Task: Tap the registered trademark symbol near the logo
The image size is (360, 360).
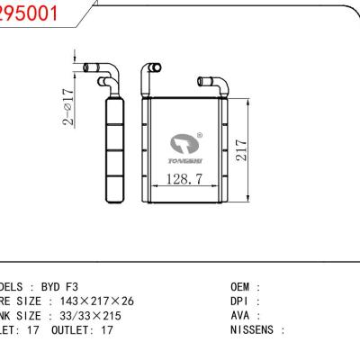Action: (x=199, y=136)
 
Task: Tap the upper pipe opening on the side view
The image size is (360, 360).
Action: (x=87, y=67)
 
